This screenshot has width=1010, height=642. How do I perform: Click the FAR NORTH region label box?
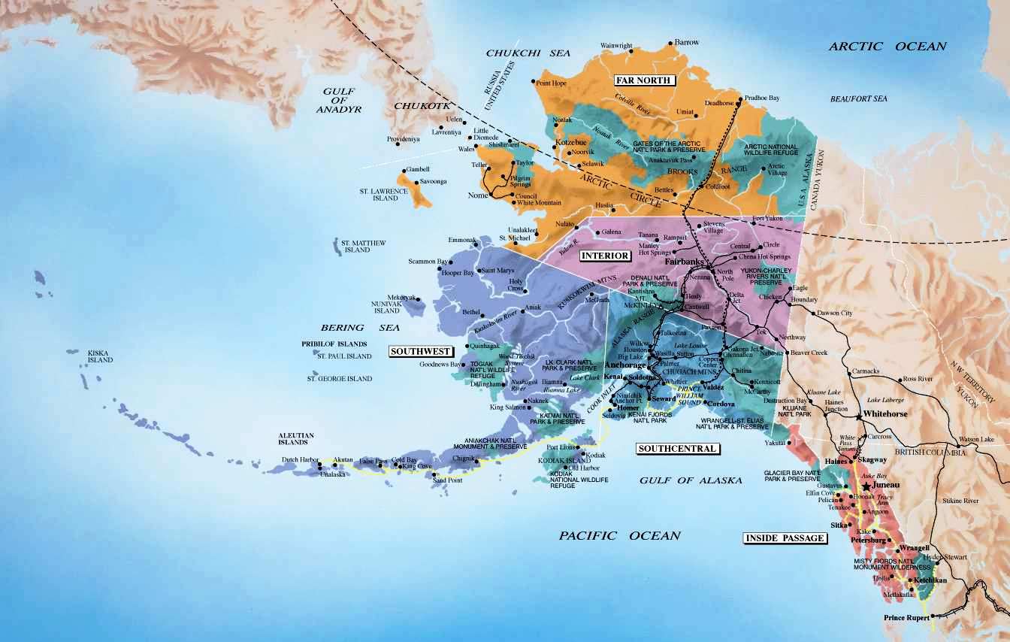coord(643,80)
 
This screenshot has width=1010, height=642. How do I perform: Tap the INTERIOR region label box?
coord(605,256)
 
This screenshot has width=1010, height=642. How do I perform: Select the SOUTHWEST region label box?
coord(421,351)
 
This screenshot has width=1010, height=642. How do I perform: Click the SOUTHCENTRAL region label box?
coord(677,449)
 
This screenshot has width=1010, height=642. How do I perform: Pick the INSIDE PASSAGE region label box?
coord(785,538)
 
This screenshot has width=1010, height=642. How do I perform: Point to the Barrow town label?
coord(686,43)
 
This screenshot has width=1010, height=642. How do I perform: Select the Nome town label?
coord(478,195)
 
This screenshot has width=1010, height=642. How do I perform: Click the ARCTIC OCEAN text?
coord(887,47)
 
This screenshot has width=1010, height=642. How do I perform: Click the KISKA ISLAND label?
coord(99,356)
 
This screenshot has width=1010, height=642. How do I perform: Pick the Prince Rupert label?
coord(906,618)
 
